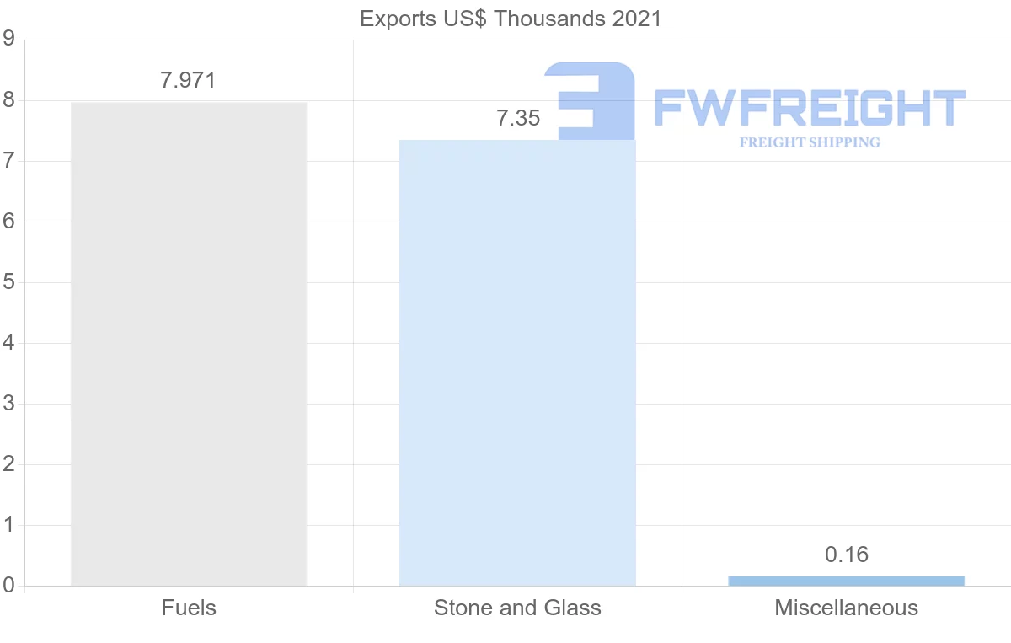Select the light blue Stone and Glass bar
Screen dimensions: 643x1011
(x=517, y=362)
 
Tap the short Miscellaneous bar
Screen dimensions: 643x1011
(x=846, y=581)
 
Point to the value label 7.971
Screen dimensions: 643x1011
(x=189, y=81)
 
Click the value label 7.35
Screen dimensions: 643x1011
(x=517, y=119)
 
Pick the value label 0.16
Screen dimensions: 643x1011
(x=846, y=555)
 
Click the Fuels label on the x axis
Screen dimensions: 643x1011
(x=189, y=608)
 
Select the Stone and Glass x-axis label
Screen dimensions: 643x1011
(x=517, y=608)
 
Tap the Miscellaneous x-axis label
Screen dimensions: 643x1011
(x=846, y=608)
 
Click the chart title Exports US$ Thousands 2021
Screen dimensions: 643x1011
(x=511, y=19)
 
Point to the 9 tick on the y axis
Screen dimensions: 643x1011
(x=8, y=39)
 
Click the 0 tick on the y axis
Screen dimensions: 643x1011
(x=8, y=586)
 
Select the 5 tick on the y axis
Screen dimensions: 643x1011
(x=8, y=282)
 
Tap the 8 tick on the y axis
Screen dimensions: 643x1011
(x=8, y=100)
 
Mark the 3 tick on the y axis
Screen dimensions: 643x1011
(x=8, y=404)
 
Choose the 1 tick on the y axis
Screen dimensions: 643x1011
(x=8, y=525)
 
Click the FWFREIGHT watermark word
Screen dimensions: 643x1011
(x=809, y=108)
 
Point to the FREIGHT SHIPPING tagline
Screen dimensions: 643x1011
(x=809, y=142)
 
